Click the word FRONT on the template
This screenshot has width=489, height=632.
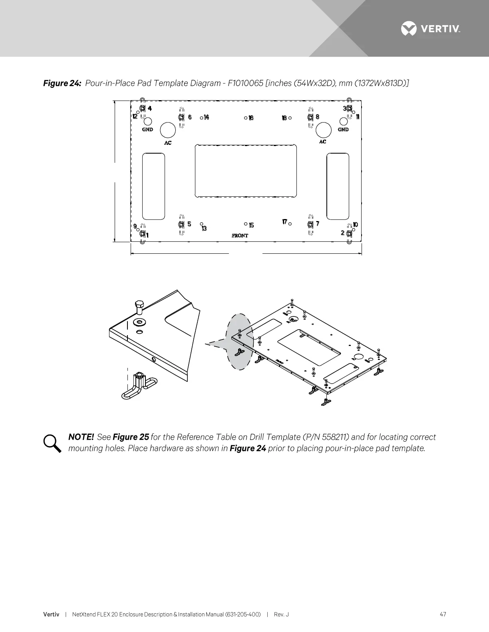(x=240, y=236)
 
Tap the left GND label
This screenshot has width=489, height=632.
(x=147, y=130)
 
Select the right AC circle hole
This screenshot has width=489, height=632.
(x=324, y=130)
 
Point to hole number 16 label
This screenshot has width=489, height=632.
(x=251, y=118)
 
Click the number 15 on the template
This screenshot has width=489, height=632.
(x=251, y=226)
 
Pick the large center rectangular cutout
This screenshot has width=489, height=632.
(x=246, y=171)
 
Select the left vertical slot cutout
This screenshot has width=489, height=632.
(x=153, y=186)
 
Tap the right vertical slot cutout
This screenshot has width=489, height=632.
(x=338, y=186)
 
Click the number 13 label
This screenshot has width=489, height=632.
(x=204, y=229)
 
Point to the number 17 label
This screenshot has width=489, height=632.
(x=285, y=222)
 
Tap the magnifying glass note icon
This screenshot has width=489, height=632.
(x=52, y=443)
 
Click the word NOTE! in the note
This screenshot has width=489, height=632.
(x=81, y=437)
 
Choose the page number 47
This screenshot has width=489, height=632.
(x=443, y=614)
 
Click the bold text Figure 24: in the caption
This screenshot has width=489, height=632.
(x=62, y=83)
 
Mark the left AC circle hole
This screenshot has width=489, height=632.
(x=168, y=130)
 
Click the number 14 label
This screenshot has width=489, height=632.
(x=207, y=117)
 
